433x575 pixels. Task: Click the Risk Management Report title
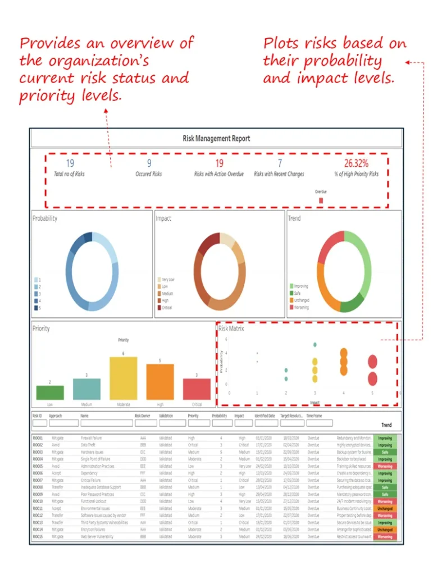pyautogui.click(x=216, y=138)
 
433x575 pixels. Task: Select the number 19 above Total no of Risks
pyautogui.click(x=70, y=163)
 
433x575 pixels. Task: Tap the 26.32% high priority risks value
pyautogui.click(x=356, y=163)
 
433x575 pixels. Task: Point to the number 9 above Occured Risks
pyautogui.click(x=149, y=163)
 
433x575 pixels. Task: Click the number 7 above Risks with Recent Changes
pyautogui.click(x=280, y=163)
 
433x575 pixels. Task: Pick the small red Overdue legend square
pyautogui.click(x=321, y=200)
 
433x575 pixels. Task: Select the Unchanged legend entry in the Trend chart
pyautogui.click(x=301, y=300)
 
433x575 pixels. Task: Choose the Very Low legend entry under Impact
pyautogui.click(x=168, y=279)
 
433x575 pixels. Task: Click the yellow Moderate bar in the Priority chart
pyautogui.click(x=123, y=378)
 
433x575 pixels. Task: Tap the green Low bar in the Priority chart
pyautogui.click(x=50, y=393)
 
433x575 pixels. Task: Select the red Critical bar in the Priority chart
pyautogui.click(x=197, y=389)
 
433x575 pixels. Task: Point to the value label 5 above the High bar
pyautogui.click(x=160, y=360)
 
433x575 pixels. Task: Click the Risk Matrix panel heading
pyautogui.click(x=231, y=328)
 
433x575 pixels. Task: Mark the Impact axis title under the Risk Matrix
pyautogui.click(x=315, y=402)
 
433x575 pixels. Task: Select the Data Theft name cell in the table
pyautogui.click(x=89, y=445)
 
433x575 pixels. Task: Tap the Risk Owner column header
pyautogui.click(x=143, y=416)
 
